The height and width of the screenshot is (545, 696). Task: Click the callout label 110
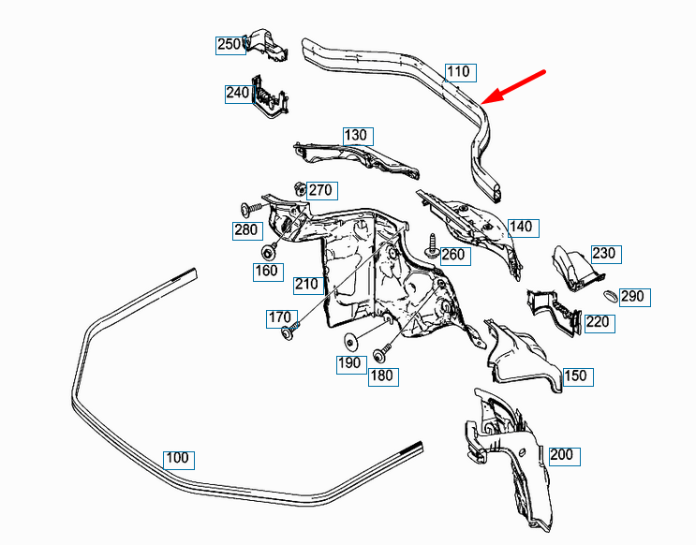click(x=458, y=72)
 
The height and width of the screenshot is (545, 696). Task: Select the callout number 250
click(x=230, y=44)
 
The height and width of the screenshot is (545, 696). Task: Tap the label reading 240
click(x=238, y=94)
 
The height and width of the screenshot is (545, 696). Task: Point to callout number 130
click(x=356, y=135)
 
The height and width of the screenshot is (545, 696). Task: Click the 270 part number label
click(x=320, y=191)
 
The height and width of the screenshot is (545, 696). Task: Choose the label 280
click(x=246, y=229)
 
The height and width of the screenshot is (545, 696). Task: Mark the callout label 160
click(x=268, y=272)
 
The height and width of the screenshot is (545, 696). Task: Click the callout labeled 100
click(x=176, y=459)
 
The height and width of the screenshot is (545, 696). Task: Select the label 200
click(x=562, y=456)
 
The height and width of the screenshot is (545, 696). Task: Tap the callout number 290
click(x=633, y=297)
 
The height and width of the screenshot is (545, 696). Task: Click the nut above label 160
click(x=269, y=251)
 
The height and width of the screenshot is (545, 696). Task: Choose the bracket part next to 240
click(x=270, y=96)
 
